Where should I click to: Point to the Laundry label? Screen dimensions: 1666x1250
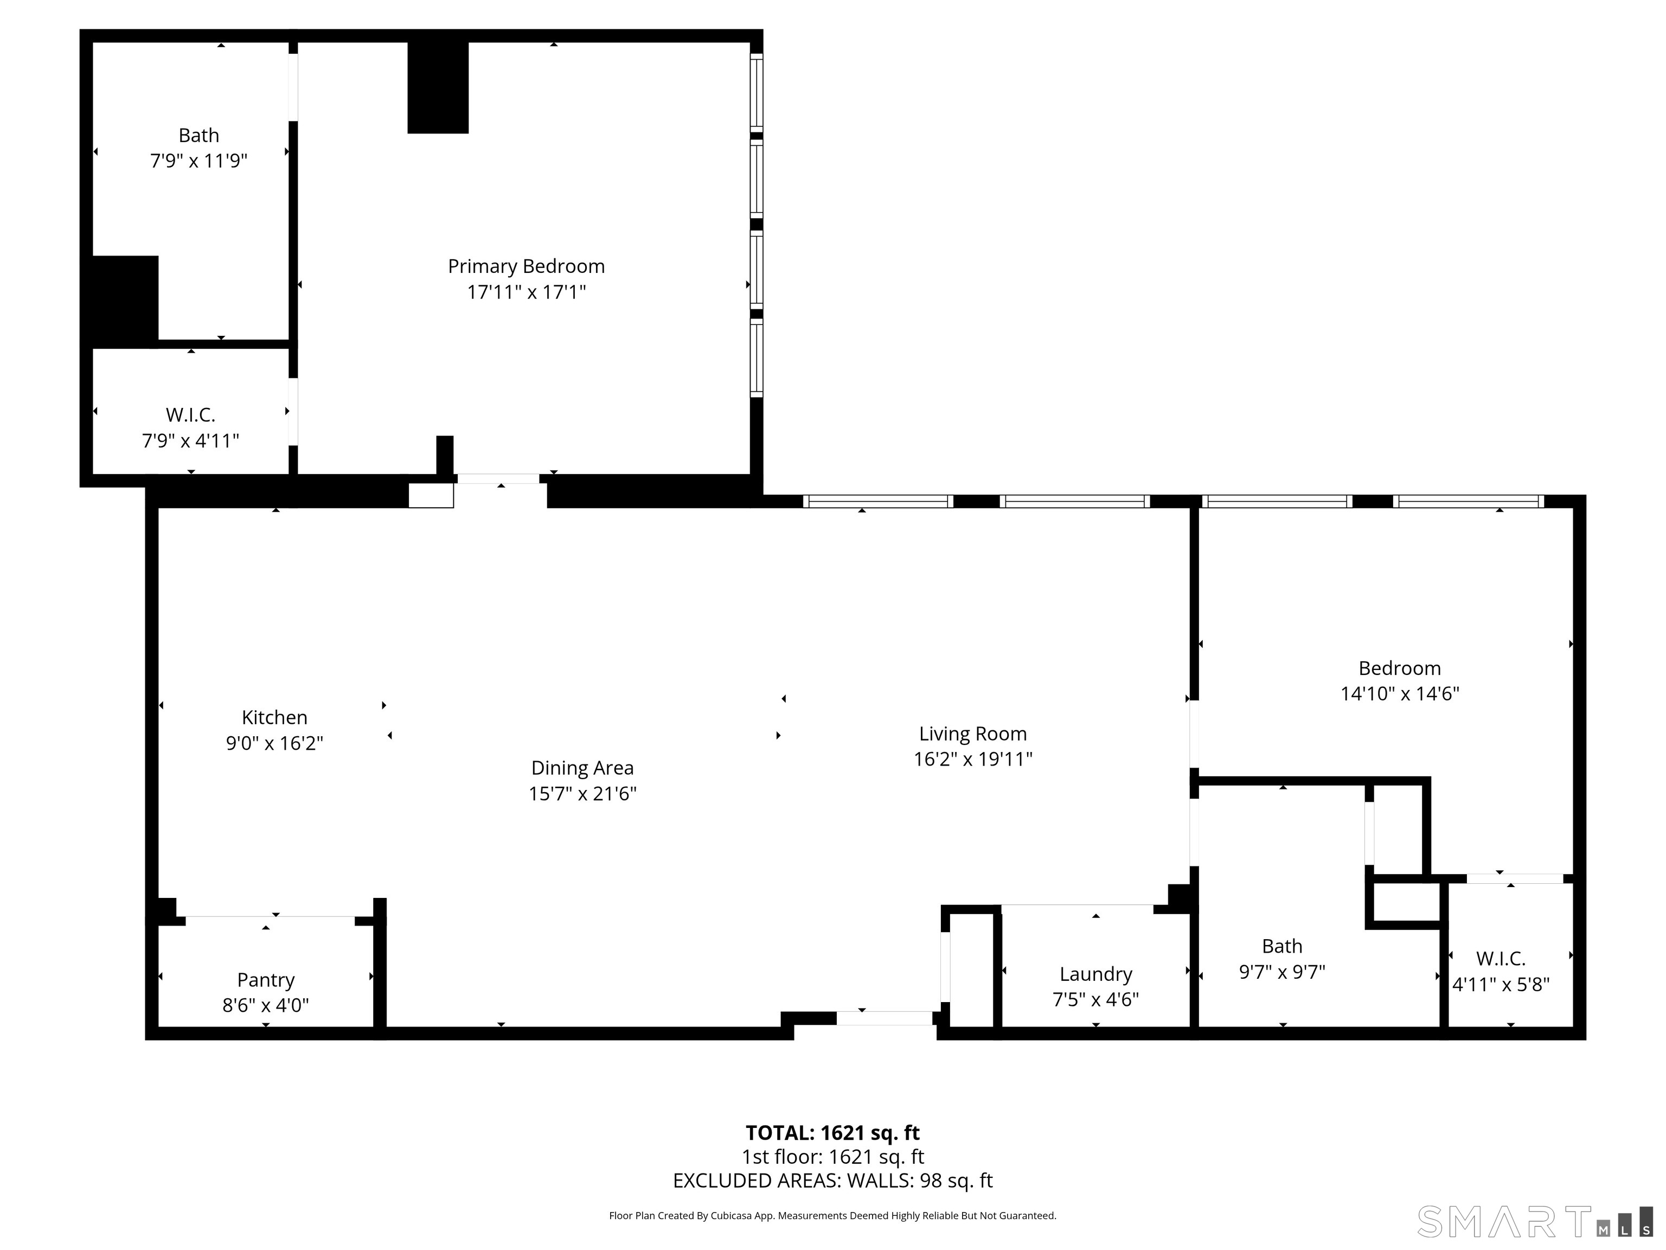(x=1096, y=974)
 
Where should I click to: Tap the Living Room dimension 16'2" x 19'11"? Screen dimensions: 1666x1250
(x=972, y=759)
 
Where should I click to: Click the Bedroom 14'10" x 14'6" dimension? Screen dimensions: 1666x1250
(x=1399, y=693)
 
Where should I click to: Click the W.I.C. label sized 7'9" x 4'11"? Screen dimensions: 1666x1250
(x=190, y=414)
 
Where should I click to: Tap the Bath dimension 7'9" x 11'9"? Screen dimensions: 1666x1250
(x=199, y=161)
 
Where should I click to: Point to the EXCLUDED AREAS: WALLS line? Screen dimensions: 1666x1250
(x=832, y=1180)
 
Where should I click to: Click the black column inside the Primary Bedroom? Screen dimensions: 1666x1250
(x=438, y=87)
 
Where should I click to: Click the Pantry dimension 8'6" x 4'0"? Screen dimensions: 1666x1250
(x=266, y=1005)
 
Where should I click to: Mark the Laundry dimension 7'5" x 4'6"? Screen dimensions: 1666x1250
(x=1096, y=999)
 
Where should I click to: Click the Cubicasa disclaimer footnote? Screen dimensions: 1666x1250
(x=832, y=1215)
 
